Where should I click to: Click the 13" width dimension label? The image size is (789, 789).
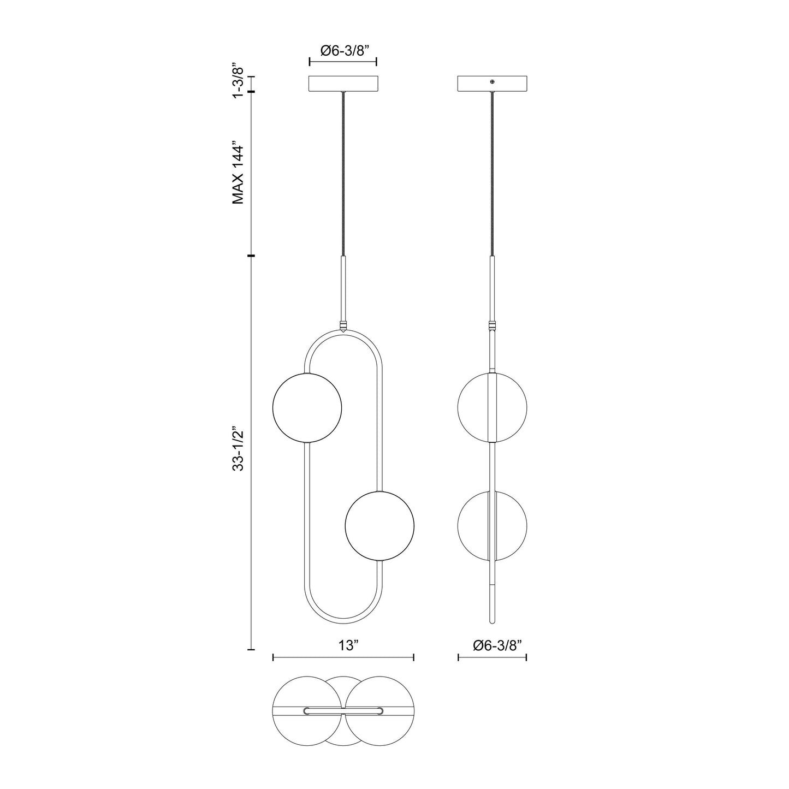[x=347, y=645]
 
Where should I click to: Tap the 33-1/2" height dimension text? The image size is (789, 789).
[x=238, y=449]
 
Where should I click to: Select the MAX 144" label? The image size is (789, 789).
[x=238, y=175]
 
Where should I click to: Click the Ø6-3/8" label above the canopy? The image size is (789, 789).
[x=346, y=50]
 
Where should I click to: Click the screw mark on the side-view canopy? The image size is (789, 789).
[x=493, y=82]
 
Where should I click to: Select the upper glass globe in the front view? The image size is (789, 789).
[x=307, y=407]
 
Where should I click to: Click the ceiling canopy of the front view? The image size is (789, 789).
[x=343, y=84]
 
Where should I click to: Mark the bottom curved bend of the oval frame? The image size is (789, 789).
[x=343, y=621]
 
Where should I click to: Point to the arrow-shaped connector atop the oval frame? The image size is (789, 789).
[x=343, y=329]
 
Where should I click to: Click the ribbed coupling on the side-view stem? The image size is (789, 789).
[x=493, y=327]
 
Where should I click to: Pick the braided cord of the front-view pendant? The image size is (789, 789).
[x=343, y=175]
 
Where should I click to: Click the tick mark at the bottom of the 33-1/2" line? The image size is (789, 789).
[x=251, y=650]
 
